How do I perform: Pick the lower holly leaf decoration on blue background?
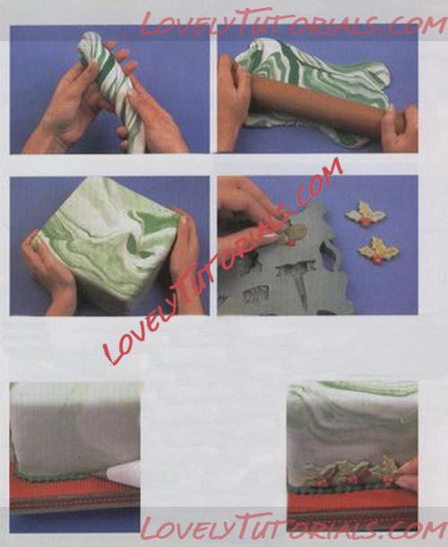(x=379, y=250)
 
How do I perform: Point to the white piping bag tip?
(x=123, y=474)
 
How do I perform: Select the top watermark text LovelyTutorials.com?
(x=293, y=22)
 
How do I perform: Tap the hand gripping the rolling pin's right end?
(x=400, y=127)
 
